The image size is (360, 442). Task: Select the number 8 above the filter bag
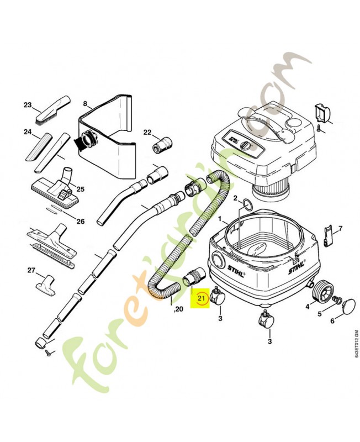(x=85, y=103)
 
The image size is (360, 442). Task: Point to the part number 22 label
(x=147, y=132)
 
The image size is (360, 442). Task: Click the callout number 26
(x=81, y=222)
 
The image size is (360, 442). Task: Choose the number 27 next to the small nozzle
(x=31, y=270)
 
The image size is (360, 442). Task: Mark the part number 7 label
(x=340, y=228)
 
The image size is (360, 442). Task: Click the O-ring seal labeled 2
(x=247, y=207)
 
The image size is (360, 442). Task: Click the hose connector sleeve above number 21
(x=196, y=275)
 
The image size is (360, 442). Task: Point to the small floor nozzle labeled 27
(x=47, y=284)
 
